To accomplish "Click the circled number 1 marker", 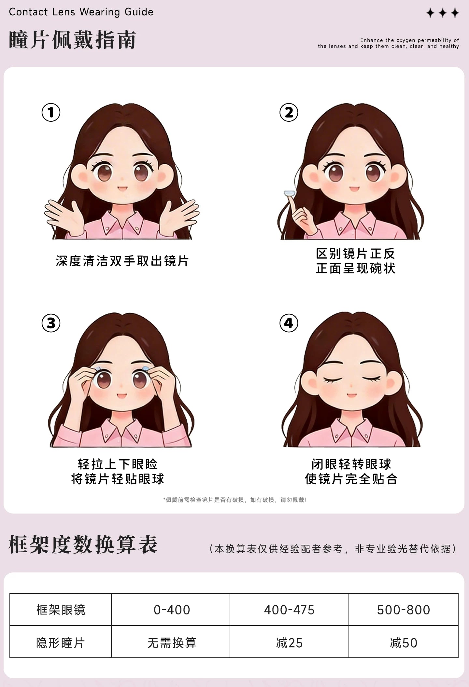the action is [x=51, y=113].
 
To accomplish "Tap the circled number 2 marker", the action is [x=289, y=113].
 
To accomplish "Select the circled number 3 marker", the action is [x=51, y=323].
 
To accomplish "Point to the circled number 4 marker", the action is [x=289, y=323].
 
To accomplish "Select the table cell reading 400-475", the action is [x=289, y=610].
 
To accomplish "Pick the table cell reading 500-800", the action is [x=403, y=610].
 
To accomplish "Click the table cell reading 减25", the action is [x=289, y=643].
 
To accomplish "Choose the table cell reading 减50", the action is [x=403, y=643].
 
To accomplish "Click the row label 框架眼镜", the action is [x=61, y=610].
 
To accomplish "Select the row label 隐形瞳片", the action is [x=61, y=643].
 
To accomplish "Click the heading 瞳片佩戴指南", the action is [x=72, y=40].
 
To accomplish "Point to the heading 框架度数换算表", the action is [x=83, y=544].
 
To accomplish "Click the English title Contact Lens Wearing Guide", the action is [x=81, y=12].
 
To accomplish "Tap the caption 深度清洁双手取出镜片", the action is [x=122, y=261].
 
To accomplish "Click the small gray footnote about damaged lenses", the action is [x=234, y=500].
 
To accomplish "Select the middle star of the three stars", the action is [x=443, y=13].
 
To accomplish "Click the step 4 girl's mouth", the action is [x=351, y=395].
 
